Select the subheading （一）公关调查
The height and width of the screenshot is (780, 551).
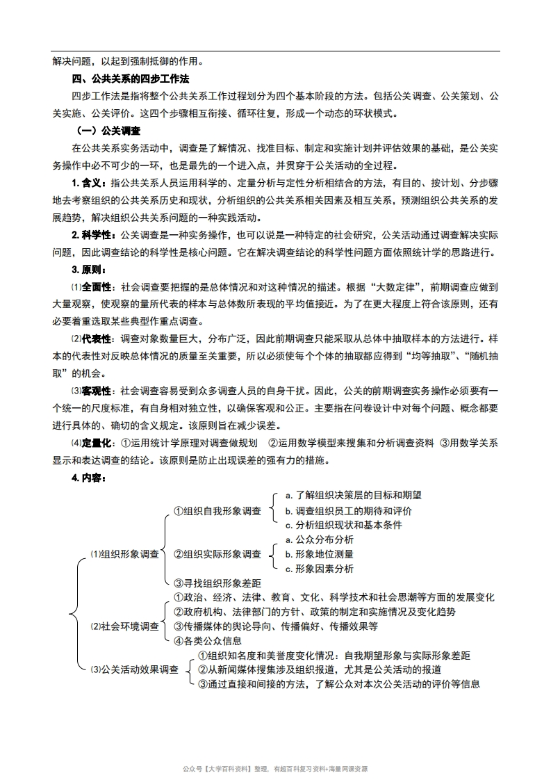pos(108,131)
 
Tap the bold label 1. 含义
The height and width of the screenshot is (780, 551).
pos(90,183)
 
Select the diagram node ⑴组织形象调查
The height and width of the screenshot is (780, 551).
pos(124,554)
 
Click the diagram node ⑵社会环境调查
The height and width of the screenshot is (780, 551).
pos(124,626)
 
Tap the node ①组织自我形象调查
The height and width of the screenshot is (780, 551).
pos(217,511)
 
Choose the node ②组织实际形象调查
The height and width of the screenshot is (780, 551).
pos(217,554)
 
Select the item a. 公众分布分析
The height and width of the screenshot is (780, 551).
pos(319,539)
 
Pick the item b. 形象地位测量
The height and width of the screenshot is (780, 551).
pos(319,554)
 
